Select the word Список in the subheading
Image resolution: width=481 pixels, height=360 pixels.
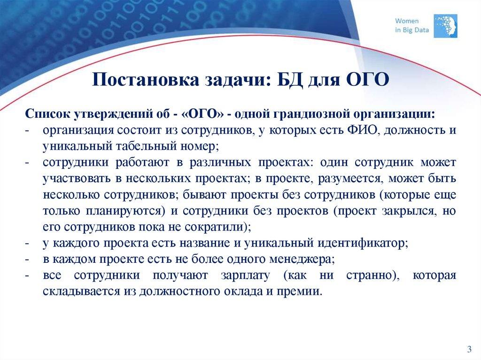pos(45,114)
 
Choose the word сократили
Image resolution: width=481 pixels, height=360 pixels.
pos(216,227)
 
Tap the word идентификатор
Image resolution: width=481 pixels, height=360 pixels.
pos(365,243)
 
